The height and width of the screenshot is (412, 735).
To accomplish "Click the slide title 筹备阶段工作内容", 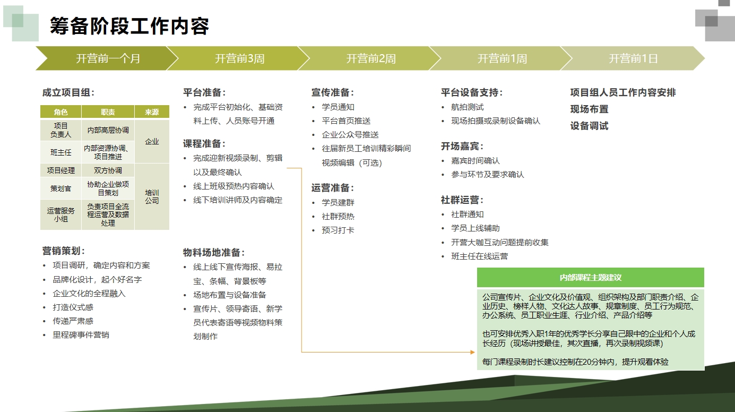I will click(129, 26).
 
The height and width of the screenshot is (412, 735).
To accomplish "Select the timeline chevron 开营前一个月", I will click(108, 58).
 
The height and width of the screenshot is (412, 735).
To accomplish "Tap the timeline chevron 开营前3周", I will click(239, 58).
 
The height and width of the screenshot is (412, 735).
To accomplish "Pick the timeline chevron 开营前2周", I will click(370, 58).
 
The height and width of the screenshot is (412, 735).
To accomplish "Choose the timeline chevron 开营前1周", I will click(502, 58).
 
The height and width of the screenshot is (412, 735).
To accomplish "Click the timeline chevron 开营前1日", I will click(633, 58).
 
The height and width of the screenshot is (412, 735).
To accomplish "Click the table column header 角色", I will click(61, 112).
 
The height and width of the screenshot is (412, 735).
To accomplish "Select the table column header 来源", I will click(152, 112).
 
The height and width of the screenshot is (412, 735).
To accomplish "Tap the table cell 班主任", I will click(61, 152).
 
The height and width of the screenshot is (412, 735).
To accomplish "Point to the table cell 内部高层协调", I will click(108, 130).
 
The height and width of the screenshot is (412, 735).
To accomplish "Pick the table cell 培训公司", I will click(152, 196).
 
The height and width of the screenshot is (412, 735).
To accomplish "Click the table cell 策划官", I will click(61, 188).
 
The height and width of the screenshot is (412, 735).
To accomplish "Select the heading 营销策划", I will click(64, 251).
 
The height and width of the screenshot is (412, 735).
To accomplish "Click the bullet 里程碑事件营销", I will click(81, 335).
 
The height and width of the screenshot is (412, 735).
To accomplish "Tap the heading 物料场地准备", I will click(214, 253).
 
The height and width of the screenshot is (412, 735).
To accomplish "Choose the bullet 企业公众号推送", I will click(350, 135).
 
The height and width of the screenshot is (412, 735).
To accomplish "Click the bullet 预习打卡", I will click(338, 230).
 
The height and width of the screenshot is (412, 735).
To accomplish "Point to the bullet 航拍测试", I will click(467, 107).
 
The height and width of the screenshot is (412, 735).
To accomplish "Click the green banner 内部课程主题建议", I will click(590, 278).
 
